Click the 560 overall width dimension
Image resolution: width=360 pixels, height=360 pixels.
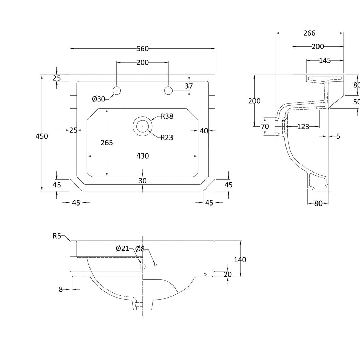(x=143, y=49)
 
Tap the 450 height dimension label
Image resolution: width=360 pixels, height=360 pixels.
(x=42, y=136)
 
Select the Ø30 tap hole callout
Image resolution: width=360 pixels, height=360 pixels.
(x=98, y=99)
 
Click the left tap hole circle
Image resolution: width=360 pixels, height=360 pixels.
(x=117, y=91)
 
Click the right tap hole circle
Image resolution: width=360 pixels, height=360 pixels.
(x=168, y=91)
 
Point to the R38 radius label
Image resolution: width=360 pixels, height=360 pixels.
(x=167, y=116)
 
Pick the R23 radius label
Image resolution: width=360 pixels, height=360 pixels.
(x=167, y=137)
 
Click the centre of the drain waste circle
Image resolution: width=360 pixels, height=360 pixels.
(x=143, y=126)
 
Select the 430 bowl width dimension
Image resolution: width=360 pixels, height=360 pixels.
(x=143, y=156)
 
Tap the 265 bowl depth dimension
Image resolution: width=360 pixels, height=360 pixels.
(x=107, y=143)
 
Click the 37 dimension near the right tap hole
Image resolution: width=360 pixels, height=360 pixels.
(x=189, y=86)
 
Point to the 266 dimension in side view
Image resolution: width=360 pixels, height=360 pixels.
(x=309, y=33)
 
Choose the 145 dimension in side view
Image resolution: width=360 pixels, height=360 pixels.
(x=325, y=60)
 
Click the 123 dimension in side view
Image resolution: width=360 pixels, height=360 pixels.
(x=303, y=127)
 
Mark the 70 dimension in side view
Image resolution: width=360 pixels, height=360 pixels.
(x=265, y=126)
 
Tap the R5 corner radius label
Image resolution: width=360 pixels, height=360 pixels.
(x=57, y=236)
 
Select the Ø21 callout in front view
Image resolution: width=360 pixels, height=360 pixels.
(x=123, y=248)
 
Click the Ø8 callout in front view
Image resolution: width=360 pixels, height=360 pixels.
(x=140, y=249)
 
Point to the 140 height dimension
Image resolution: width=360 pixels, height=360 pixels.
(x=240, y=260)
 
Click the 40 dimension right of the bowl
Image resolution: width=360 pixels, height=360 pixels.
(x=204, y=131)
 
